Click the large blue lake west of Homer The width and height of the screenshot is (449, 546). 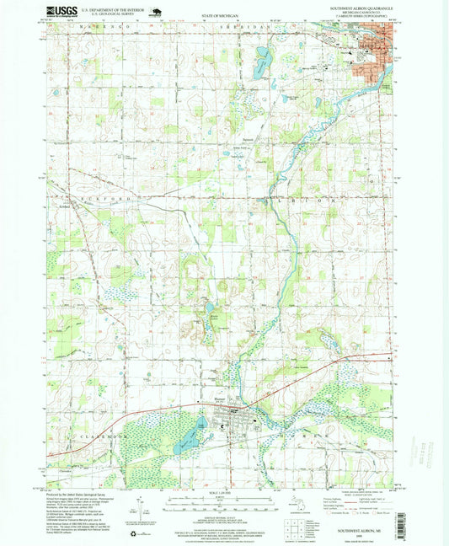191,435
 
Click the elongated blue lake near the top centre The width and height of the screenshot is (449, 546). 262,61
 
